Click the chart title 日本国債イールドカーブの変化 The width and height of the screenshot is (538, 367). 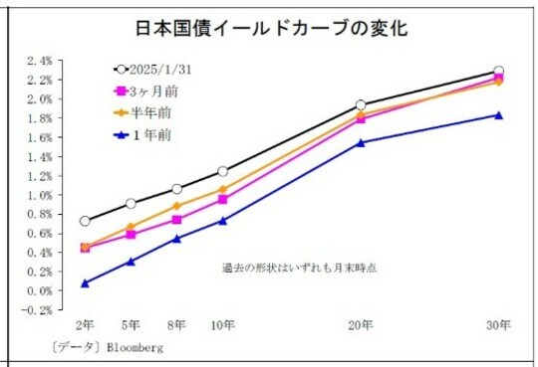click(269, 28)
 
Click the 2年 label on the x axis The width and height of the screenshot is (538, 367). click(85, 324)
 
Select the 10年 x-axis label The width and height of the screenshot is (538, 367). click(222, 324)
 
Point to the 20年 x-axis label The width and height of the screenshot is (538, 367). click(361, 324)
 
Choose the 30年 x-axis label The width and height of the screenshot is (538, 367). click(498, 324)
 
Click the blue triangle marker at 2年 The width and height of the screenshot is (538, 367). click(85, 283)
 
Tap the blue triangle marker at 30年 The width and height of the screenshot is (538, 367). click(498, 115)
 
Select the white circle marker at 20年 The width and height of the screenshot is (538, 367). click(361, 104)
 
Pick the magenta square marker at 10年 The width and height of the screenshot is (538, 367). click(222, 199)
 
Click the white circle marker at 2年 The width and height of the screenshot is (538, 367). click(85, 221)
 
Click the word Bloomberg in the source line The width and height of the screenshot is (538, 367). click(132, 348)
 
